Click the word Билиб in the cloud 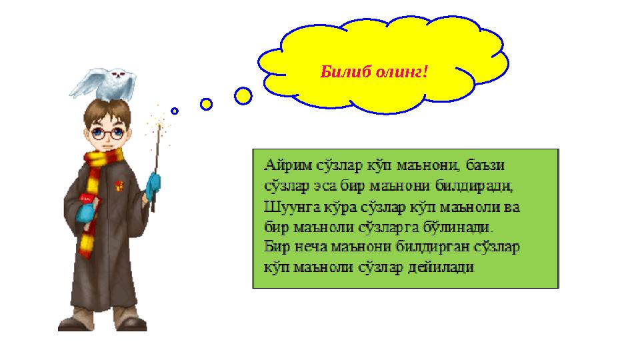[342, 71]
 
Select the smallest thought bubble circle [175, 111]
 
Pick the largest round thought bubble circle [243, 96]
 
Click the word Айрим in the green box [285, 163]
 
